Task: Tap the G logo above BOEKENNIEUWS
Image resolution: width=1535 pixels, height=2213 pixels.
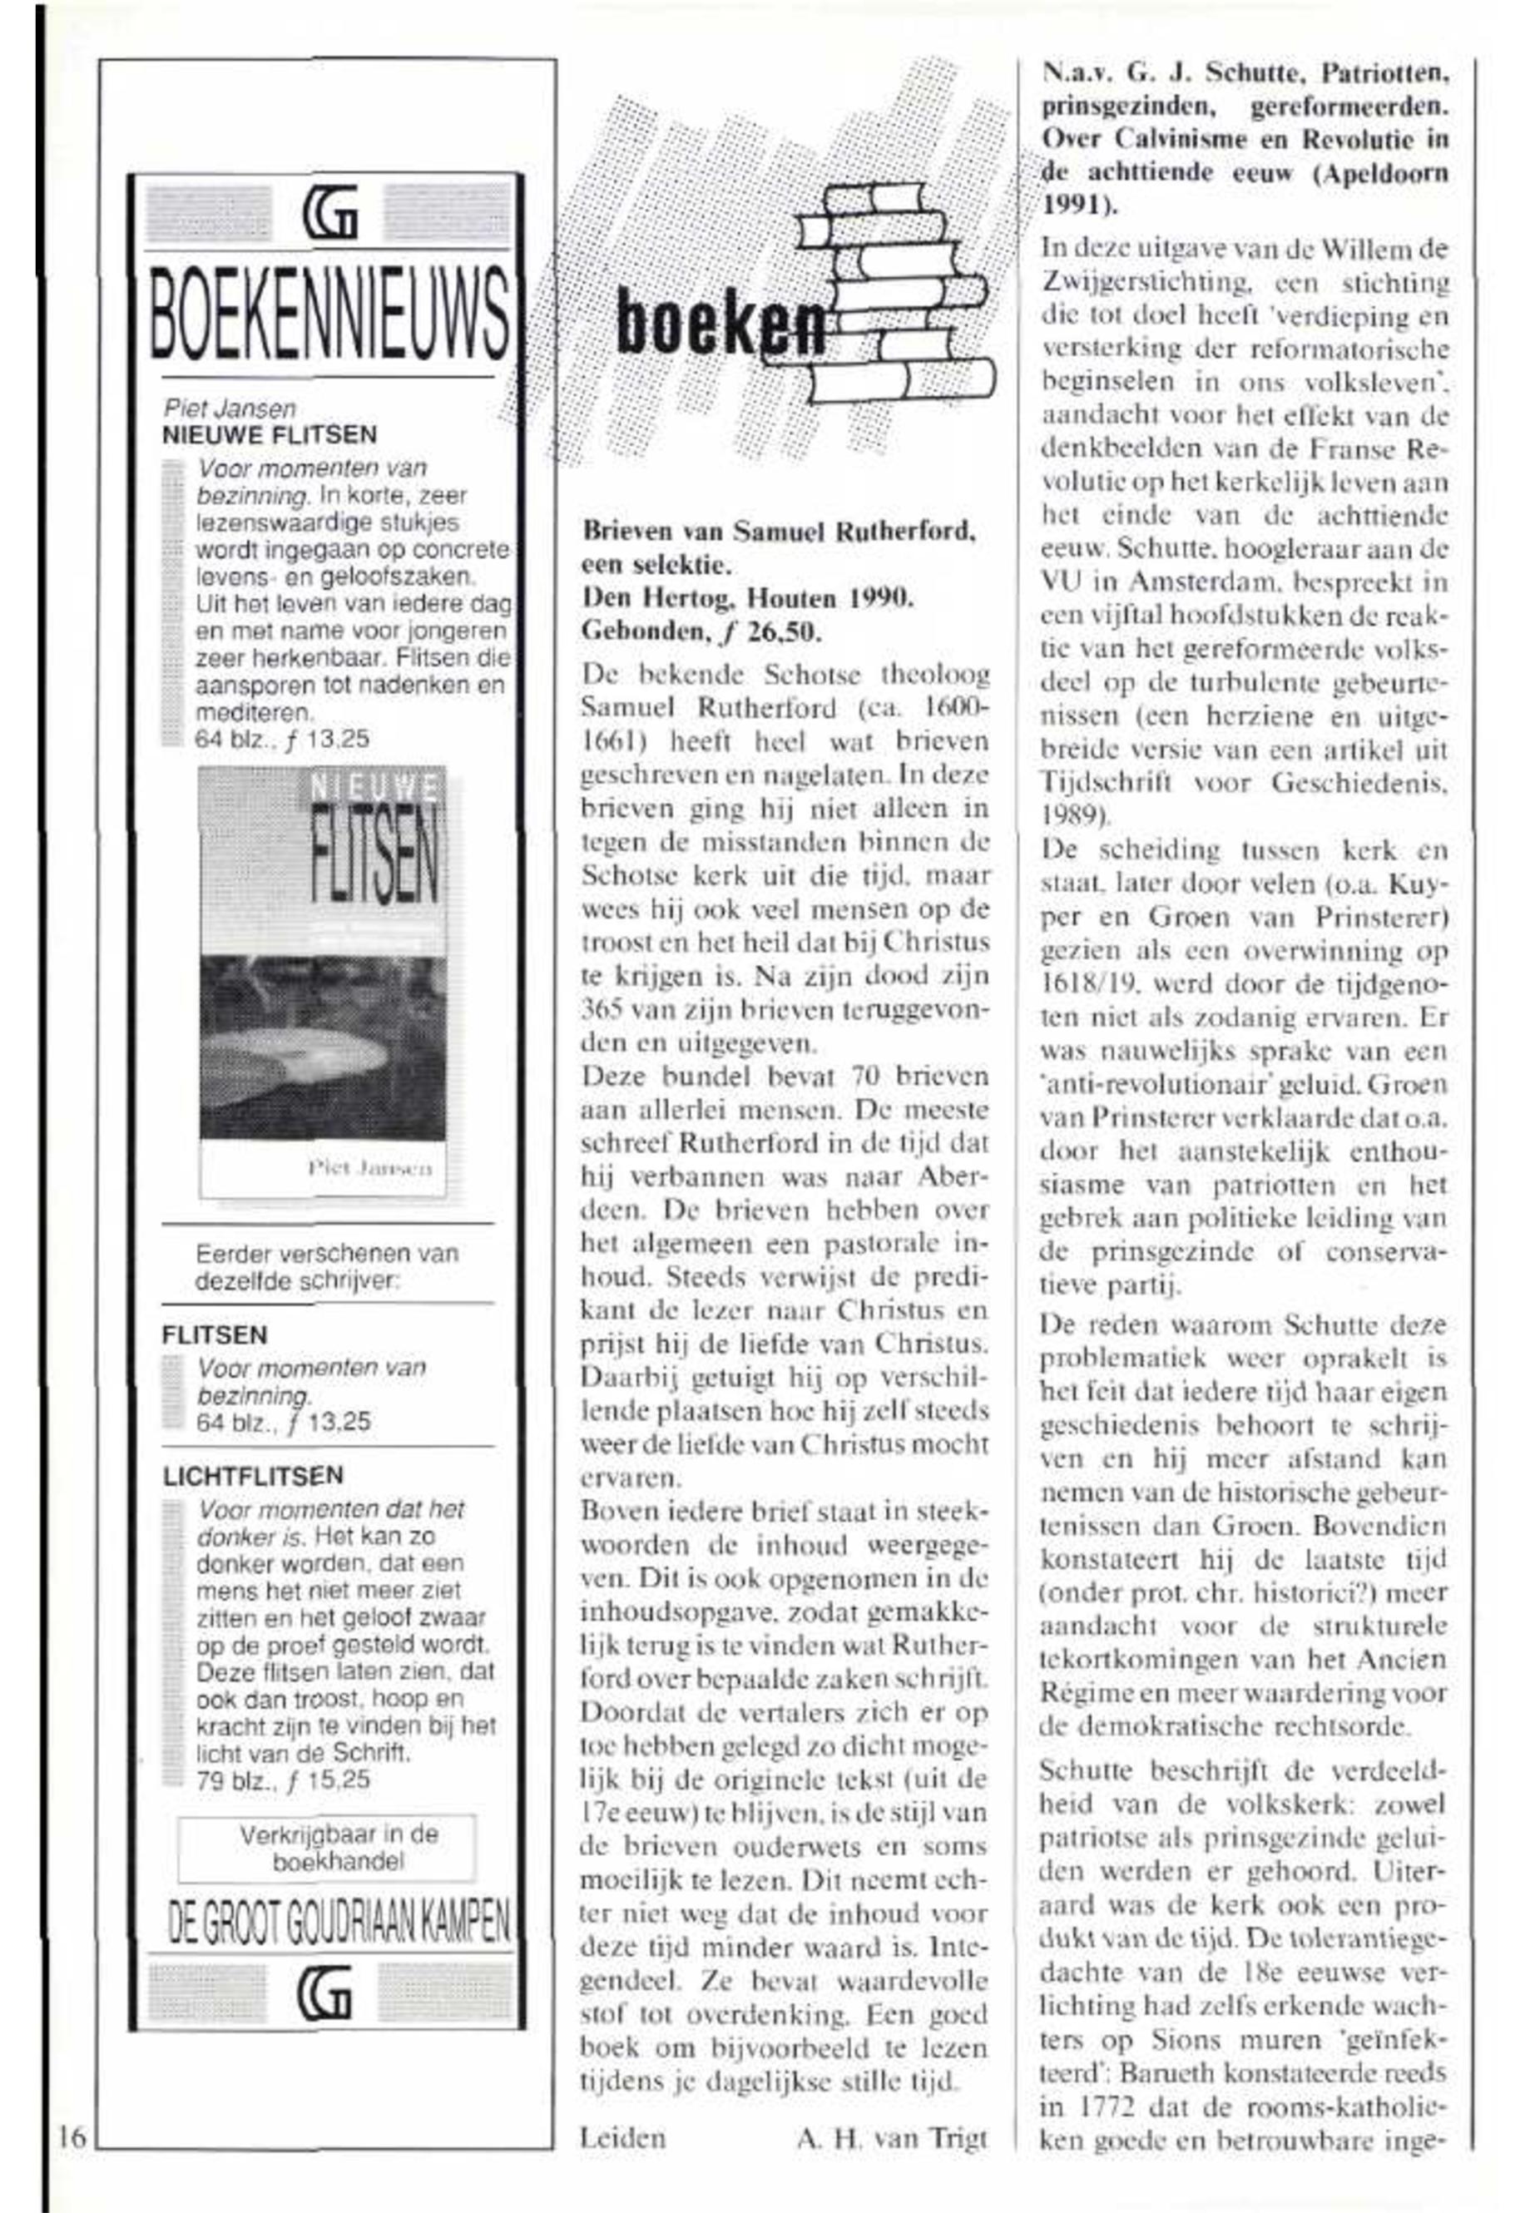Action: [x=328, y=212]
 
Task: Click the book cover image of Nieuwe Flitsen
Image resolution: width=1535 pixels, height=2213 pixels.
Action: [x=323, y=981]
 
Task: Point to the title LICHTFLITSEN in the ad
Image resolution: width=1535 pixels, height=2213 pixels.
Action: [x=252, y=1475]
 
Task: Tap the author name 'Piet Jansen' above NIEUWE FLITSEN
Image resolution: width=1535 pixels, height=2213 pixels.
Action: [x=229, y=408]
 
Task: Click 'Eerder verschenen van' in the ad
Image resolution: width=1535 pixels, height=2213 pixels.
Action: [x=327, y=1253]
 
